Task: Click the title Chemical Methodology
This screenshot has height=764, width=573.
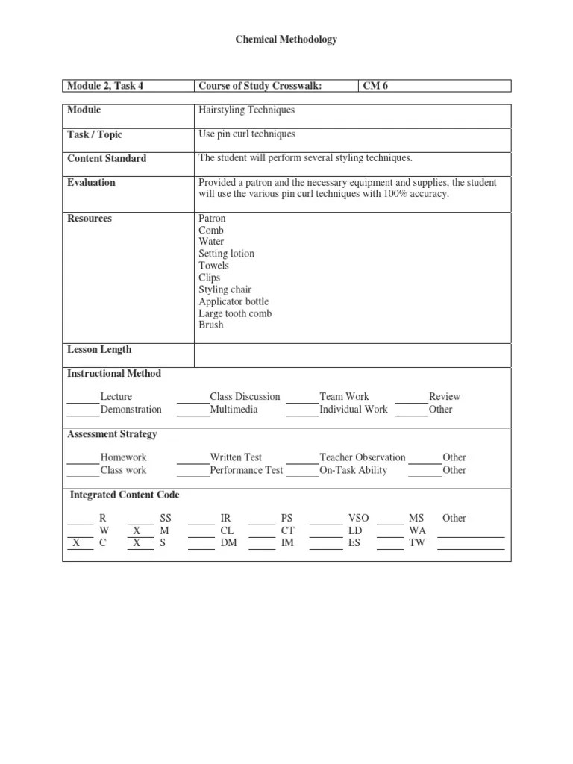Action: [x=286, y=39]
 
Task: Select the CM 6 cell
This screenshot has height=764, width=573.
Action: [x=375, y=86]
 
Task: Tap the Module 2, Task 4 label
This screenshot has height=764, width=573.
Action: [x=105, y=86]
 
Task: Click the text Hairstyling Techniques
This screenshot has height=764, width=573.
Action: [x=246, y=110]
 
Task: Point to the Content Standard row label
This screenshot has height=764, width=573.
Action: [x=107, y=158]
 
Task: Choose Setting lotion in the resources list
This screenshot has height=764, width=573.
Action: [x=226, y=254]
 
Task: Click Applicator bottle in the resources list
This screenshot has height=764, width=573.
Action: [x=234, y=301]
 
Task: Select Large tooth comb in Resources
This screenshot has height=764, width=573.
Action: [x=235, y=313]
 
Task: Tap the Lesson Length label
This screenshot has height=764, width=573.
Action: [x=99, y=349]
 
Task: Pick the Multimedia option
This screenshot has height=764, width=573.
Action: [x=234, y=409]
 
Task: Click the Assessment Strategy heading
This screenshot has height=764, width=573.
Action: [x=112, y=433]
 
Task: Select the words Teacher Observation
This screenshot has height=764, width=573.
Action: [x=363, y=457]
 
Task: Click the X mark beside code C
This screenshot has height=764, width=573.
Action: [x=77, y=543]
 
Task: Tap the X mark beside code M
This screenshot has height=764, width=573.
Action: [x=137, y=530]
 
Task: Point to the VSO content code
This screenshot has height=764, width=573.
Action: [x=358, y=518]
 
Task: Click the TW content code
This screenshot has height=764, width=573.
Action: [x=416, y=543]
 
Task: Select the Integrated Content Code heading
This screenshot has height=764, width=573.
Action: [x=125, y=495]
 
